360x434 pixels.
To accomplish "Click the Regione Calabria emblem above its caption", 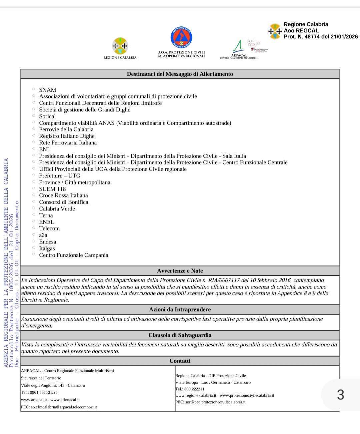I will coord(120,46).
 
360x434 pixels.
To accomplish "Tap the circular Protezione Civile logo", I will coord(181,37).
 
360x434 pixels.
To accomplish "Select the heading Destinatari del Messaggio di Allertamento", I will coord(180,74).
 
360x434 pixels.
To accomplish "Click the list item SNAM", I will coord(47,90).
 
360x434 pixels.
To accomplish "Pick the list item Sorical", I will coord(47,116).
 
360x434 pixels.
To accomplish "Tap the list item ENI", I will coord(44,149).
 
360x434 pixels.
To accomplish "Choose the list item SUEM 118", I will coord(52,189).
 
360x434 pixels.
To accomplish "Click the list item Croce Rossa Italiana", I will coord(63,195).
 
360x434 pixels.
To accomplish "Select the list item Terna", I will coord(46,215).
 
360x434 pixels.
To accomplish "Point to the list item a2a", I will coord(43,235).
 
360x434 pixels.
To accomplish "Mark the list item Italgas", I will coord(47,249).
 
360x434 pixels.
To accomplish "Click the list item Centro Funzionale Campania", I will coord(74,255).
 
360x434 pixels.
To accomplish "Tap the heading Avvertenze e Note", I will coord(180,271).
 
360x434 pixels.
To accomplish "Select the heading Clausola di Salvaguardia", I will coord(180,335).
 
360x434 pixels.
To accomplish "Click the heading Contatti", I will coord(180,361).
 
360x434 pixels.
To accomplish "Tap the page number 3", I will coord(340,395).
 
